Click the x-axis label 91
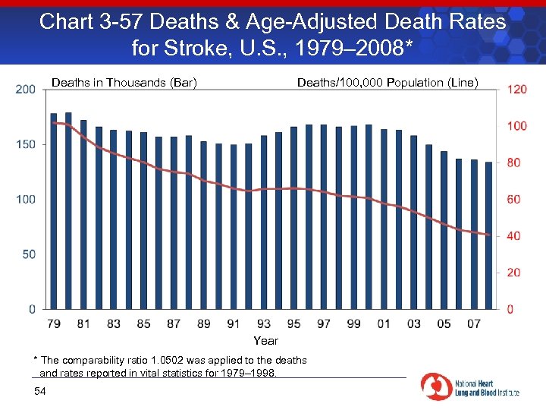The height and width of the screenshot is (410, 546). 234,324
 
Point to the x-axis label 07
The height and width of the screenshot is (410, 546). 473,324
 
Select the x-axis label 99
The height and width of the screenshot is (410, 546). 353,324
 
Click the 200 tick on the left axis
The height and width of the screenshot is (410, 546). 26,90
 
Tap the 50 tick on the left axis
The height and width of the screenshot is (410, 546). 29,254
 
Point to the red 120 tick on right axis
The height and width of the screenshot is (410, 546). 517,90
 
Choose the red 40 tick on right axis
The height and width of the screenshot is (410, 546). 514,236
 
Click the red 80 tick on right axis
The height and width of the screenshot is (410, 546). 514,162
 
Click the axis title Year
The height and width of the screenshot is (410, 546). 265,341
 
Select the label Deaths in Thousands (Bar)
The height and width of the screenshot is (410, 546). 124,82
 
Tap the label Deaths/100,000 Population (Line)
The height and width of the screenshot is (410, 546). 388,82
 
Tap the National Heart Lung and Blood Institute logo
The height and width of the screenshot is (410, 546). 470,386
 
